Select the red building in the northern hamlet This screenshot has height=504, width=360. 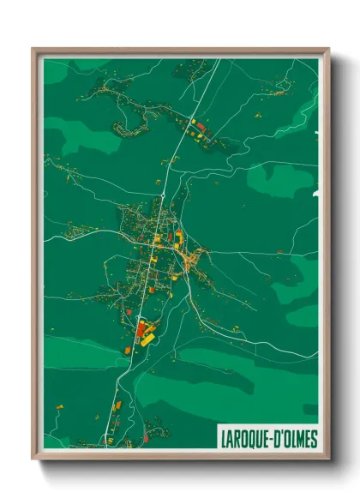click(201, 127)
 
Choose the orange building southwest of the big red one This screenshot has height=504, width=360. click(128, 349)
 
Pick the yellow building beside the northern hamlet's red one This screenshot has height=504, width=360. click(194, 121)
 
